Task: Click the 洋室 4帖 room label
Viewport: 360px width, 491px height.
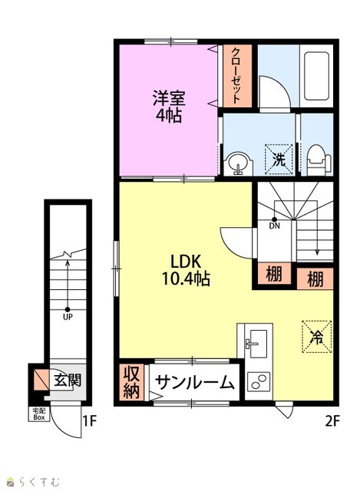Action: [x=169, y=106]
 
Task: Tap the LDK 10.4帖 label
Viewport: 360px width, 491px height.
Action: [x=186, y=269]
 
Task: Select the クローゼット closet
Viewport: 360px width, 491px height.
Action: [x=237, y=75]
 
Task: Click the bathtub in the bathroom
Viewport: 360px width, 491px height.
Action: [x=316, y=76]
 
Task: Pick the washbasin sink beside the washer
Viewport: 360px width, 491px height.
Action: [x=239, y=163]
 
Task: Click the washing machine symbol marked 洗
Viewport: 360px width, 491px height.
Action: [x=279, y=159]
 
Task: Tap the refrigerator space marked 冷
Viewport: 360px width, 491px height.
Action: [x=316, y=337]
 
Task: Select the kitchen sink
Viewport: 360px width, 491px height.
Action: [x=255, y=344]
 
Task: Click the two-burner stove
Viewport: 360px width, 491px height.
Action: [x=258, y=381]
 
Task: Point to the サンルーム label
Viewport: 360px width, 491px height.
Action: [x=194, y=382]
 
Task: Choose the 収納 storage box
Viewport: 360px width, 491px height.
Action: [x=131, y=382]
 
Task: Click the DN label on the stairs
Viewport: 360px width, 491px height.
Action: [x=274, y=226]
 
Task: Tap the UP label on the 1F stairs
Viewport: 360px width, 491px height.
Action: [x=68, y=317]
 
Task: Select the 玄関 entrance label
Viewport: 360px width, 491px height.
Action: [x=68, y=380]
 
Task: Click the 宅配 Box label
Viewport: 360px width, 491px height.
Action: [x=39, y=414]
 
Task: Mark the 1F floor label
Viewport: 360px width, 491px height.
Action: [x=89, y=421]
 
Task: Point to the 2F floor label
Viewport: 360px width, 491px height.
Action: [x=332, y=421]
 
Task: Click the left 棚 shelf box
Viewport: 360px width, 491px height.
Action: [x=274, y=273]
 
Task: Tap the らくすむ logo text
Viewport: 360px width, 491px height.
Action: [x=38, y=481]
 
